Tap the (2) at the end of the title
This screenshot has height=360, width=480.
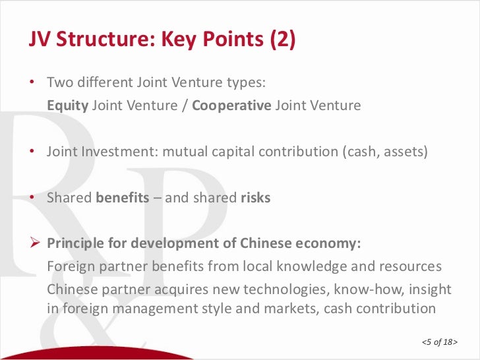pyautogui.click(x=282, y=40)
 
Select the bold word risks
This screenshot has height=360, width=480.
pyautogui.click(x=255, y=197)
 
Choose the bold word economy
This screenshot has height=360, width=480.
pyautogui.click(x=330, y=243)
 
